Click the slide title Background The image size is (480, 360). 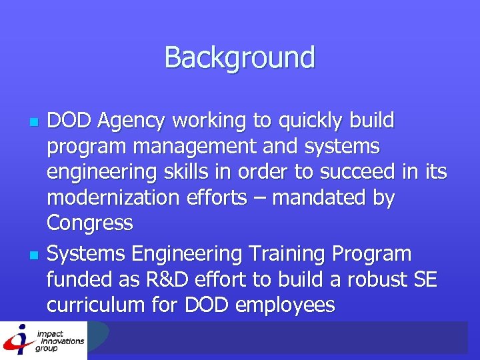tap(239, 57)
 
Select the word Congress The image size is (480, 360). tap(89, 223)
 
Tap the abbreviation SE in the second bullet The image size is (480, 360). tap(425, 280)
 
